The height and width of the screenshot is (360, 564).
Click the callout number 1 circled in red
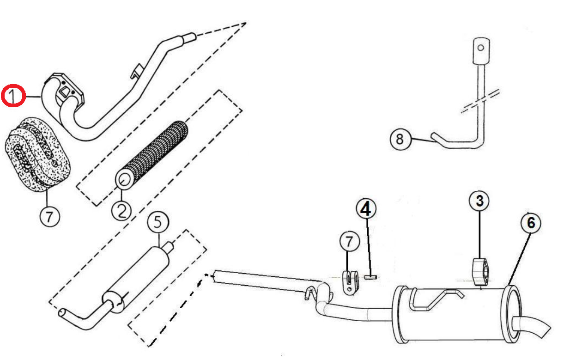click(13, 96)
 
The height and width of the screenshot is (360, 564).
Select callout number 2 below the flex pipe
click(121, 211)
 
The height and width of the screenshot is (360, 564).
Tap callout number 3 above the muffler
click(479, 201)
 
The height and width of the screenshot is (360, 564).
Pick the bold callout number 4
click(366, 209)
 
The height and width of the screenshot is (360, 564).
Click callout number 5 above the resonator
click(158, 222)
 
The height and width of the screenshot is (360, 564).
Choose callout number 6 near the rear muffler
click(531, 223)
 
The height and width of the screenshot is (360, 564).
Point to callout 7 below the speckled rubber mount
click(50, 217)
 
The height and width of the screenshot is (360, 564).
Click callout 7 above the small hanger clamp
click(350, 242)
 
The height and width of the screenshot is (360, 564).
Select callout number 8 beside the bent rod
click(400, 139)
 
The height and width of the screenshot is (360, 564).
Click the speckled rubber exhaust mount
click(38, 154)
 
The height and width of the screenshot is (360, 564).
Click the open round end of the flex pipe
click(124, 180)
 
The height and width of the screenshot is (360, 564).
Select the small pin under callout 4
click(370, 277)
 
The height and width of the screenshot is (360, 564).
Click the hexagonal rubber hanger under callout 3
click(480, 272)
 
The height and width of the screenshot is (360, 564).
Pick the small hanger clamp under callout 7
click(350, 282)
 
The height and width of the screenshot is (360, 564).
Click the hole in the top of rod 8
click(480, 48)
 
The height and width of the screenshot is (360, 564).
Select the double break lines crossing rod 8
click(480, 101)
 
